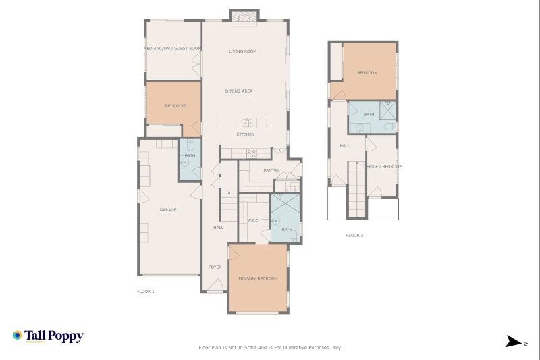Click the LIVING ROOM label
pos(242,51)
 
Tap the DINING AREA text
pos(239,91)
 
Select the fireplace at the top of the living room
pos(244,17)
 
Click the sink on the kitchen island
pos(247,122)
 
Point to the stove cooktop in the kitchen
pos(251,153)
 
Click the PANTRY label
pos(271,170)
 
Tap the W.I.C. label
pos(253,220)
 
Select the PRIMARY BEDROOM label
pos(258,278)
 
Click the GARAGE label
pos(168,210)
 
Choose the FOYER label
pos(215,267)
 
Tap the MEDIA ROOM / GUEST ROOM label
pos(173,48)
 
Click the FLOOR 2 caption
pos(354,235)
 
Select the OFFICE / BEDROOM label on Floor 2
pos(383,166)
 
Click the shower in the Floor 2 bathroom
pos(388,110)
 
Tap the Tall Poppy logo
pos(48,336)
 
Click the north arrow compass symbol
pos(514,342)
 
